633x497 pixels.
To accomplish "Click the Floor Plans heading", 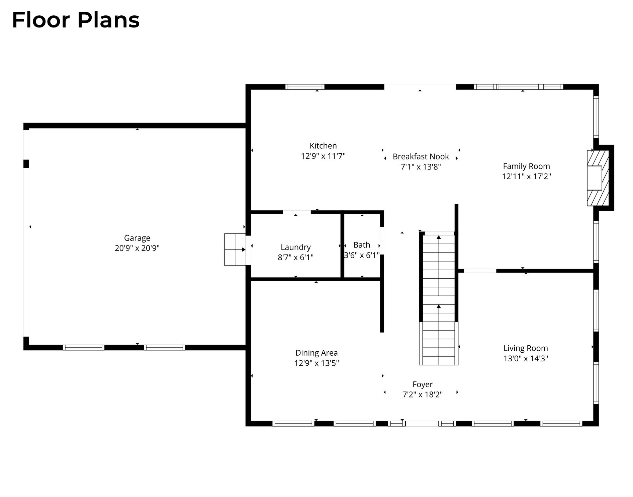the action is (76, 20).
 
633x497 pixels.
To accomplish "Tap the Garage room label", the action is (137, 238).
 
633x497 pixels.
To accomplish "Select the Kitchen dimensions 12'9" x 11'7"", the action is (323, 156).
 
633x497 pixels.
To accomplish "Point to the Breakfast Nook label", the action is (421, 156).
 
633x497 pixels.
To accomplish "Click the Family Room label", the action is (526, 166).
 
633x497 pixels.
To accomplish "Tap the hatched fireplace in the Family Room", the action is (598, 178).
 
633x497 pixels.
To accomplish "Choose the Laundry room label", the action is (296, 247).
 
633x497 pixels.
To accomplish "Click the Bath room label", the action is (362, 245).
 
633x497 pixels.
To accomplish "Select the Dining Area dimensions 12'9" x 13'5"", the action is (316, 363).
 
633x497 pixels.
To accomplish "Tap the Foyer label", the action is (423, 384).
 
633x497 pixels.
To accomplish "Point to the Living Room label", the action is (526, 348).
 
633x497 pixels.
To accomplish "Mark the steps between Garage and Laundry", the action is (235, 250).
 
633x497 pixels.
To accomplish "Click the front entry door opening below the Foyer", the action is (422, 424).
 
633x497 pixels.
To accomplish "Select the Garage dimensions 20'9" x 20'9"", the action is (137, 248).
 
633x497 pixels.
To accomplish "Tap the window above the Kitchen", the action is (305, 87).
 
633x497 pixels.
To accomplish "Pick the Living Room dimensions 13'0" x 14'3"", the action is (526, 358).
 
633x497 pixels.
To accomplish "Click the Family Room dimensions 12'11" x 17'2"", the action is (526, 176).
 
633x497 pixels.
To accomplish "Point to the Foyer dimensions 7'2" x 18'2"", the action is (423, 395).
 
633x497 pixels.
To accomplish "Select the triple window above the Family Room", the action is (519, 87).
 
